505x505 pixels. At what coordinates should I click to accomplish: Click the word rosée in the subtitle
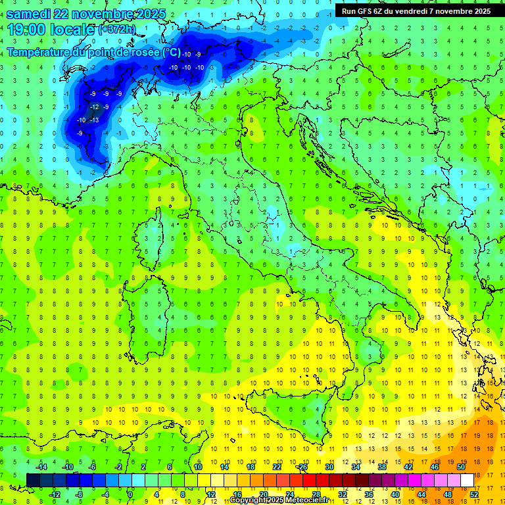point(143,52)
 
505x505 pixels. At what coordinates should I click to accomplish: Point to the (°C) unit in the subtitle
point(171,52)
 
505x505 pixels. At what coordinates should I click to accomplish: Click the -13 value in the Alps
point(95,120)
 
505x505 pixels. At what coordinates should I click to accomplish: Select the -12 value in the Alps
point(95,107)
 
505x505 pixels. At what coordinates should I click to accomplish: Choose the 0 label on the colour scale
point(130,494)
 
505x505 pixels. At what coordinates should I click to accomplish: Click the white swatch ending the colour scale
point(467,480)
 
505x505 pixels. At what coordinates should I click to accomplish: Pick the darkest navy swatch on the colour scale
point(33,480)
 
